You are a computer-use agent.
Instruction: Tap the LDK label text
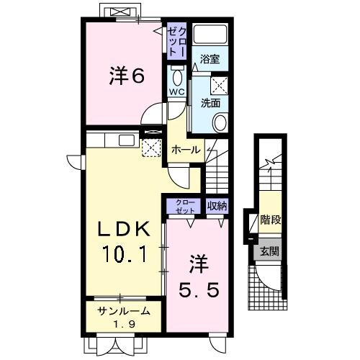click(x=124, y=230)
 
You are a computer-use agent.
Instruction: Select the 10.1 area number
click(x=124, y=255)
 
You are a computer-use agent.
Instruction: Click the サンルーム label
click(x=125, y=311)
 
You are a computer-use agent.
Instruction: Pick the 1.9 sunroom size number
click(x=125, y=324)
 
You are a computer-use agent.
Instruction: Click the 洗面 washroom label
click(x=210, y=102)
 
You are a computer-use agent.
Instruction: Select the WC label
click(x=177, y=91)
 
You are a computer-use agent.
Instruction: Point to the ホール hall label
click(x=186, y=150)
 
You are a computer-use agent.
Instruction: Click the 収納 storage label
click(x=217, y=207)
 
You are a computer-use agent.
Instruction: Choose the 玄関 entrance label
click(x=271, y=251)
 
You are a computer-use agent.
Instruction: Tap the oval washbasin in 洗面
click(x=220, y=122)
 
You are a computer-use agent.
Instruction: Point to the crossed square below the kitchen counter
click(x=150, y=148)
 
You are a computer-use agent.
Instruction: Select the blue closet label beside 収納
click(x=185, y=207)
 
